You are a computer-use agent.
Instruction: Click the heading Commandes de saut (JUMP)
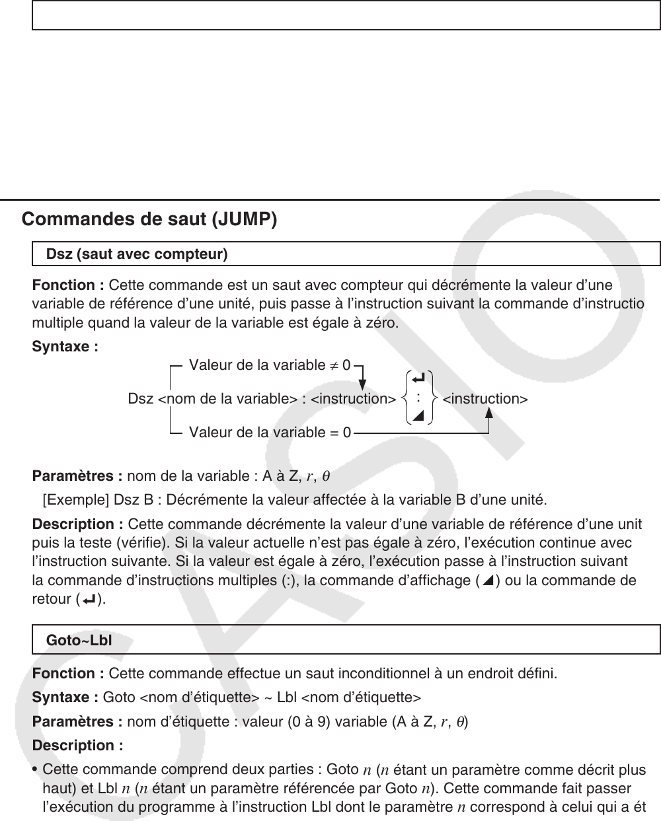pos(149,219)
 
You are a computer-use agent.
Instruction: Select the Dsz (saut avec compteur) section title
pos(137,254)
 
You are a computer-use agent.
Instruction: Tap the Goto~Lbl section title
pos(79,641)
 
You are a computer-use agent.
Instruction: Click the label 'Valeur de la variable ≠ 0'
pos(270,365)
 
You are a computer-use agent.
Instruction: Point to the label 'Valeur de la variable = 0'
pos(270,433)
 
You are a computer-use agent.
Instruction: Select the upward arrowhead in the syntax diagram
pos(489,412)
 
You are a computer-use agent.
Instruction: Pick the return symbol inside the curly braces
pos(417,379)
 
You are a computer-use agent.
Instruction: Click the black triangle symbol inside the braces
pos(417,415)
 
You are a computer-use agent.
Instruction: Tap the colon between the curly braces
pos(418,397)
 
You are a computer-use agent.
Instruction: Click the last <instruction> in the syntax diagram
pos(485,399)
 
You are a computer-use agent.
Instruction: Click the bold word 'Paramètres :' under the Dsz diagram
pos(77,476)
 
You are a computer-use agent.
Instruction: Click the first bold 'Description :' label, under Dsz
pos(77,524)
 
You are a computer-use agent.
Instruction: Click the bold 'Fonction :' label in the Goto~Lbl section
pos(68,674)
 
